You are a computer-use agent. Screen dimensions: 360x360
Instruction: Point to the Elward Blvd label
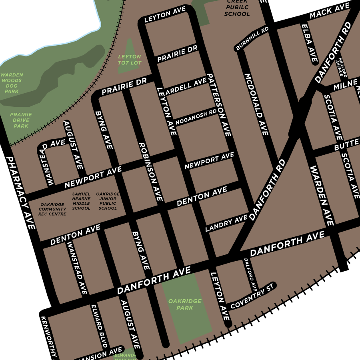click(x=99, y=326)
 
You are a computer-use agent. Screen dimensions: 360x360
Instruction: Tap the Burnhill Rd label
click(x=252, y=39)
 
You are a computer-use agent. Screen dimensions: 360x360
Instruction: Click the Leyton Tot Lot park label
click(x=130, y=60)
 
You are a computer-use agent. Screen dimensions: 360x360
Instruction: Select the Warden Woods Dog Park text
click(x=12, y=83)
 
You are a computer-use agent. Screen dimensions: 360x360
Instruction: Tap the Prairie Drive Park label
click(x=21, y=120)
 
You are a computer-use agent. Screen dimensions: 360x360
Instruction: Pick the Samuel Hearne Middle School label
click(x=81, y=201)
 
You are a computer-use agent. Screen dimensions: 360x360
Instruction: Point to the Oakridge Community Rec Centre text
click(x=52, y=209)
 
